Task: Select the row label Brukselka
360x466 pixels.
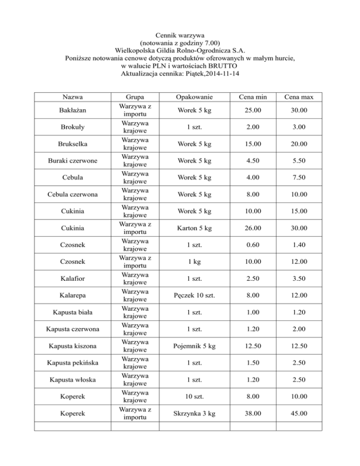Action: click(x=72, y=143)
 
